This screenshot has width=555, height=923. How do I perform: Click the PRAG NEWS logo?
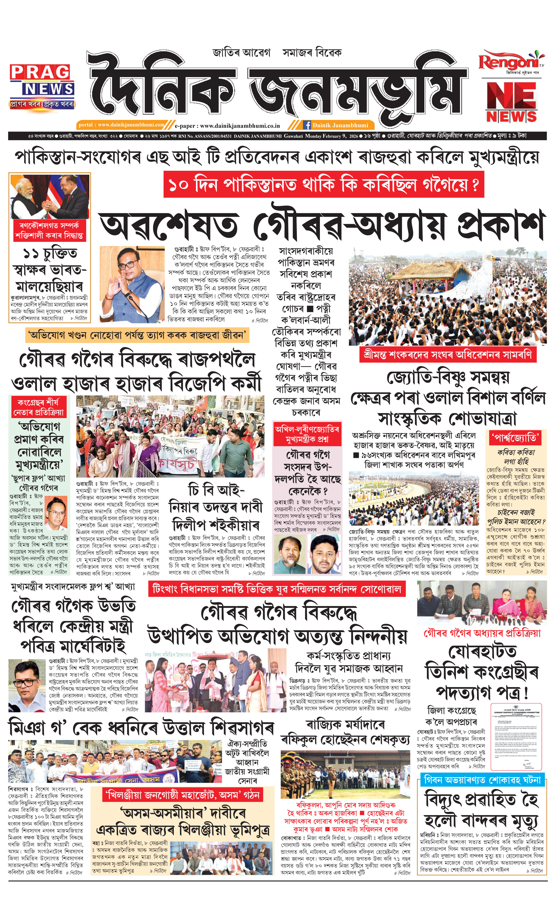coord(42,86)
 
